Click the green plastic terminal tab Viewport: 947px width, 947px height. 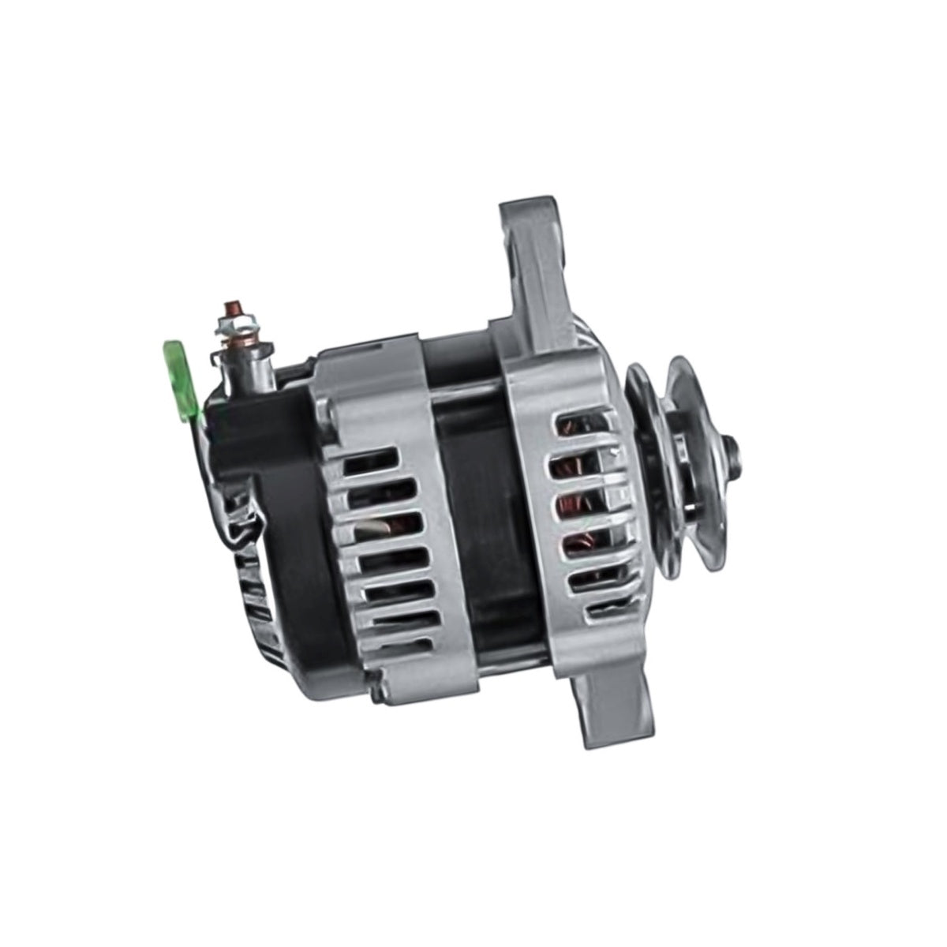(179, 369)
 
